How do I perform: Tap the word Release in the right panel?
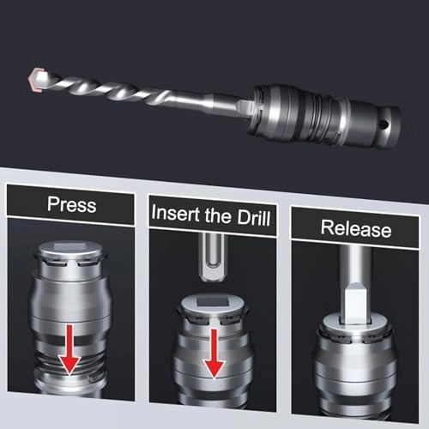tap(355, 229)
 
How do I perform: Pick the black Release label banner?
tap(355, 230)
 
